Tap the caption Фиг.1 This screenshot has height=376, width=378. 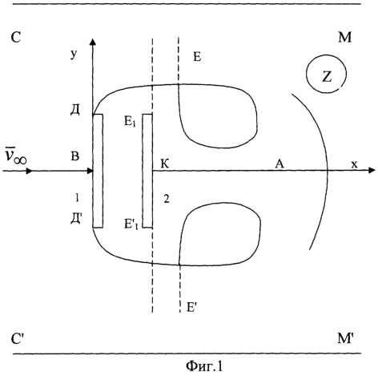204,366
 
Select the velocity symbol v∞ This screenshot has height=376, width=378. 16,156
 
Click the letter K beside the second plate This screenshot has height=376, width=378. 165,164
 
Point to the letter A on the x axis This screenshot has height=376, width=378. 279,164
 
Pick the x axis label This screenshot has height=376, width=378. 354,164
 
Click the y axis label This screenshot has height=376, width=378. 74,55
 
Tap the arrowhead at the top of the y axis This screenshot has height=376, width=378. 93,42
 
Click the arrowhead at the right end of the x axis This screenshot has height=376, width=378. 372,170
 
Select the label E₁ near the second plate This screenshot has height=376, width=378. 130,122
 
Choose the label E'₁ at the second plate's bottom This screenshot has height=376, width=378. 131,224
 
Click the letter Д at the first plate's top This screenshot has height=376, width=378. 75,110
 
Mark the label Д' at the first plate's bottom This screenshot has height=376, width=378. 76,219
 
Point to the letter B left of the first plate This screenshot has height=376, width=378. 75,156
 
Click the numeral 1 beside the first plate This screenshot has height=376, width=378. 77,198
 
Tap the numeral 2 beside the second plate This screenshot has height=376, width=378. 167,199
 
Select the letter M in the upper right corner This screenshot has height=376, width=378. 345,38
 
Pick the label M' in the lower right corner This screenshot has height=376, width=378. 346,338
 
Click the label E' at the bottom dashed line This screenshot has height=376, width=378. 191,307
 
